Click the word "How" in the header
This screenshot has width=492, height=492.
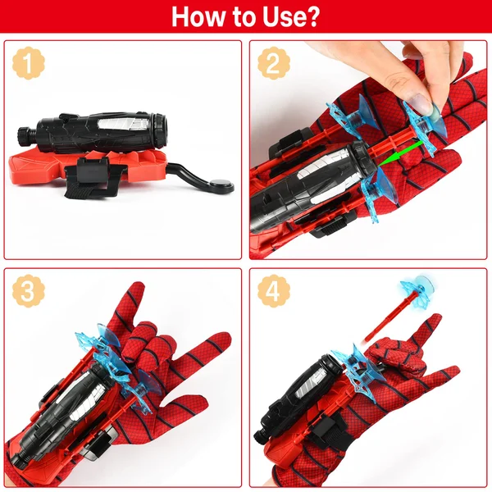pyautogui.click(x=198, y=16)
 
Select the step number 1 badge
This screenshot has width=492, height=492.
pyautogui.click(x=28, y=63)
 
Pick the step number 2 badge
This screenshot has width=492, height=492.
pyautogui.click(x=273, y=63)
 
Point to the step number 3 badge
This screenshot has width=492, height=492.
pyautogui.click(x=28, y=291)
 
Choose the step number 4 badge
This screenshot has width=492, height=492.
pyautogui.click(x=273, y=291)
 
